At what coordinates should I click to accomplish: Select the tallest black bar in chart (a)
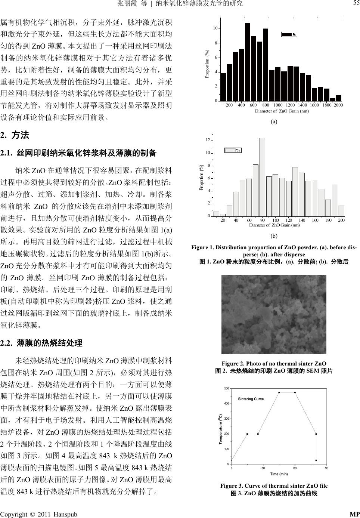tap(248, 62)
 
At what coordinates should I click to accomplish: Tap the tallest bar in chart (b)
tap(262, 177)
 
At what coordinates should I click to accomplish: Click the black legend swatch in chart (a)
tap(287, 34)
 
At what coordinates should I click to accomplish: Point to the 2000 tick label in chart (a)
tap(338, 105)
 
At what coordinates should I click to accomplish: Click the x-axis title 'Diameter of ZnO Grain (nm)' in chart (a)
tap(282, 111)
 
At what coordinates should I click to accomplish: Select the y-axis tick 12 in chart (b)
tap(208, 140)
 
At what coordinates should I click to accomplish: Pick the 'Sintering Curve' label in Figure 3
tap(251, 399)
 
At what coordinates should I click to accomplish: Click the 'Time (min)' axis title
tap(279, 474)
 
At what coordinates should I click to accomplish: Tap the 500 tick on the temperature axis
tap(226, 389)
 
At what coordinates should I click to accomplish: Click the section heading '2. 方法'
tap(15, 135)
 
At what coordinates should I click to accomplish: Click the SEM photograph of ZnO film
tap(274, 314)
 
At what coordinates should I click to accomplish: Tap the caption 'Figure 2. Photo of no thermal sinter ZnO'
tap(274, 364)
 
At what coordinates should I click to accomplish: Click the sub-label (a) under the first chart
tap(274, 121)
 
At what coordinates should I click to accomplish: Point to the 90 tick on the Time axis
tap(327, 468)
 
